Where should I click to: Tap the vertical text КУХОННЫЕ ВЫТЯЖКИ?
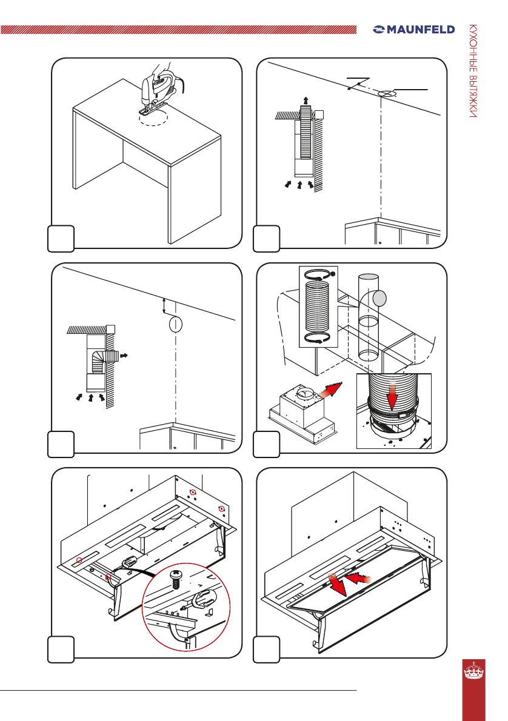pyautogui.click(x=473, y=71)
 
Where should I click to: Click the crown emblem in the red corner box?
pyautogui.click(x=473, y=671)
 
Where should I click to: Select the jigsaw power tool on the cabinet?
pyautogui.click(x=159, y=91)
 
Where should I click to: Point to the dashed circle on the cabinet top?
pyautogui.click(x=154, y=118)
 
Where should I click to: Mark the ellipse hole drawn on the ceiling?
pyautogui.click(x=387, y=94)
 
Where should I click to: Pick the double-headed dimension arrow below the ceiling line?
pyautogui.click(x=164, y=306)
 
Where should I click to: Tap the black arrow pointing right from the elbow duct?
pyautogui.click(x=123, y=356)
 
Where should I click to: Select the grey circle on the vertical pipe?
pyautogui.click(x=379, y=299)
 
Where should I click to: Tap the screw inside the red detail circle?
pyautogui.click(x=175, y=579)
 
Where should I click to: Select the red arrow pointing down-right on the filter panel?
pyautogui.click(x=337, y=585)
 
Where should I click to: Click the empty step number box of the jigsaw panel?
pyautogui.click(x=61, y=239)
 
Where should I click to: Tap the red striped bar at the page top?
pyautogui.click(x=179, y=30)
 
